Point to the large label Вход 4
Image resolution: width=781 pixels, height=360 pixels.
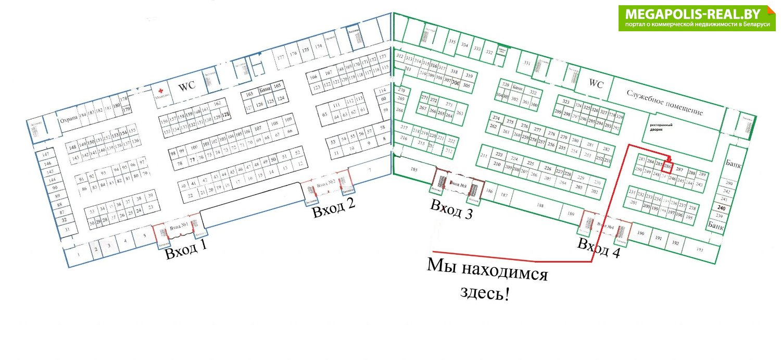coord(599,249)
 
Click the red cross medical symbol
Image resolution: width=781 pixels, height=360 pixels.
coord(161,90)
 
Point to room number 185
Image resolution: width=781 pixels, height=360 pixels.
coord(414,170)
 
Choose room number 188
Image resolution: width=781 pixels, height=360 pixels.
coord(540,206)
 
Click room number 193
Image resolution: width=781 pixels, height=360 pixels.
coord(699,250)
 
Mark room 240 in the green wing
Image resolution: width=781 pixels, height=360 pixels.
coord(721,208)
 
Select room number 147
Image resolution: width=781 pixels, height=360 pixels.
coord(45,155)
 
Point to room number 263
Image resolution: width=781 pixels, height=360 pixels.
coord(459,113)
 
